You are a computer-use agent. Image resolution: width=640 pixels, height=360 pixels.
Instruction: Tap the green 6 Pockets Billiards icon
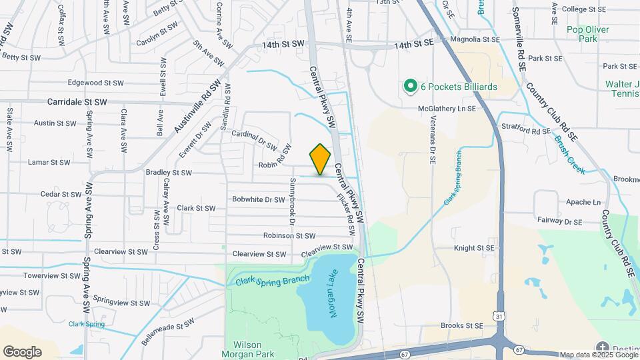click(x=410, y=87)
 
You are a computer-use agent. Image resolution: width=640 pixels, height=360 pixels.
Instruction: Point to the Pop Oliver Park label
click(x=581, y=34)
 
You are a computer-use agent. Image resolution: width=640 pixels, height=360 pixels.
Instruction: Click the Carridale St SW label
click(x=77, y=103)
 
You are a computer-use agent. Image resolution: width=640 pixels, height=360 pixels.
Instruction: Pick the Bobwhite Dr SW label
click(x=258, y=199)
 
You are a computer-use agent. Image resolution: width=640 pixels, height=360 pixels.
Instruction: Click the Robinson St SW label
click(x=289, y=235)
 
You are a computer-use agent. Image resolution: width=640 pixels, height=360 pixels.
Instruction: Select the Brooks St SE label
click(x=461, y=326)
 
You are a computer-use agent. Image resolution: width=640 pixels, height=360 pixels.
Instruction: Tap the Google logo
click(x=22, y=351)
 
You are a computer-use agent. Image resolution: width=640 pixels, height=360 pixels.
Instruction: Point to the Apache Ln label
click(x=583, y=202)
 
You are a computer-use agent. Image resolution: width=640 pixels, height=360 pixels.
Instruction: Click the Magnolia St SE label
click(x=475, y=40)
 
